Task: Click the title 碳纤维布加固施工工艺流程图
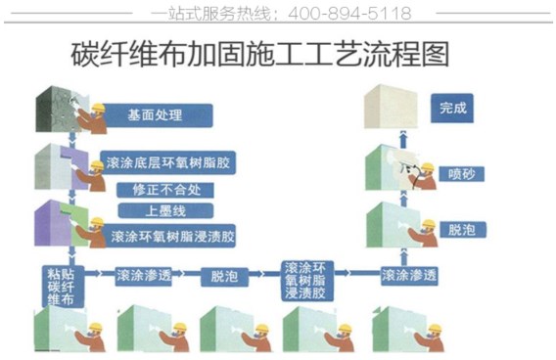pos(260,54)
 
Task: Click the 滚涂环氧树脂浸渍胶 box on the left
pos(170,236)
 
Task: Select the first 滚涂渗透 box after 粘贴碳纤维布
pos(145,275)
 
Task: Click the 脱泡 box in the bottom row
pos(226,276)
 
